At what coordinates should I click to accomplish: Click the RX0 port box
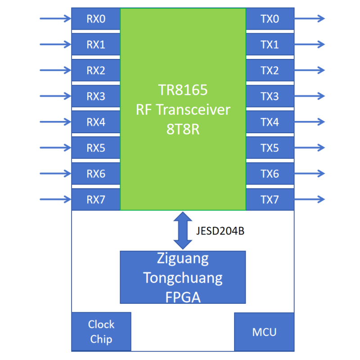click(96, 18)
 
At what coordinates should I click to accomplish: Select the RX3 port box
click(96, 96)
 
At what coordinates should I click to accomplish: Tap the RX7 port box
click(96, 199)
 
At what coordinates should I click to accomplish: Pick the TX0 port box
click(270, 18)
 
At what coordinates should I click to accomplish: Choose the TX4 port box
click(270, 122)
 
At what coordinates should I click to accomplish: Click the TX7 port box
click(270, 199)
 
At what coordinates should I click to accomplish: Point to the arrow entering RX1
click(55, 44)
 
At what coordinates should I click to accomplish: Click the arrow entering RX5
click(55, 148)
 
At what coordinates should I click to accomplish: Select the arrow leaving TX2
click(310, 70)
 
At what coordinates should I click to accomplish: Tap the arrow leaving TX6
click(310, 173)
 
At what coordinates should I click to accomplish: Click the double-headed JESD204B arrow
click(183, 230)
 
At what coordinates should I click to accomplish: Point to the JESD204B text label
click(220, 231)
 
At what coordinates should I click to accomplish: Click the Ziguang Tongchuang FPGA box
click(183, 277)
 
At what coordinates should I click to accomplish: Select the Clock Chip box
click(101, 332)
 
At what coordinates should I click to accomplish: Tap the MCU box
click(264, 332)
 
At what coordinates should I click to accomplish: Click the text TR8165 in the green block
click(183, 90)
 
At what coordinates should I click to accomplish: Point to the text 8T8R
click(183, 129)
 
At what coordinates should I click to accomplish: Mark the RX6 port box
click(96, 174)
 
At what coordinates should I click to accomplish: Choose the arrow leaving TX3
click(310, 96)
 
